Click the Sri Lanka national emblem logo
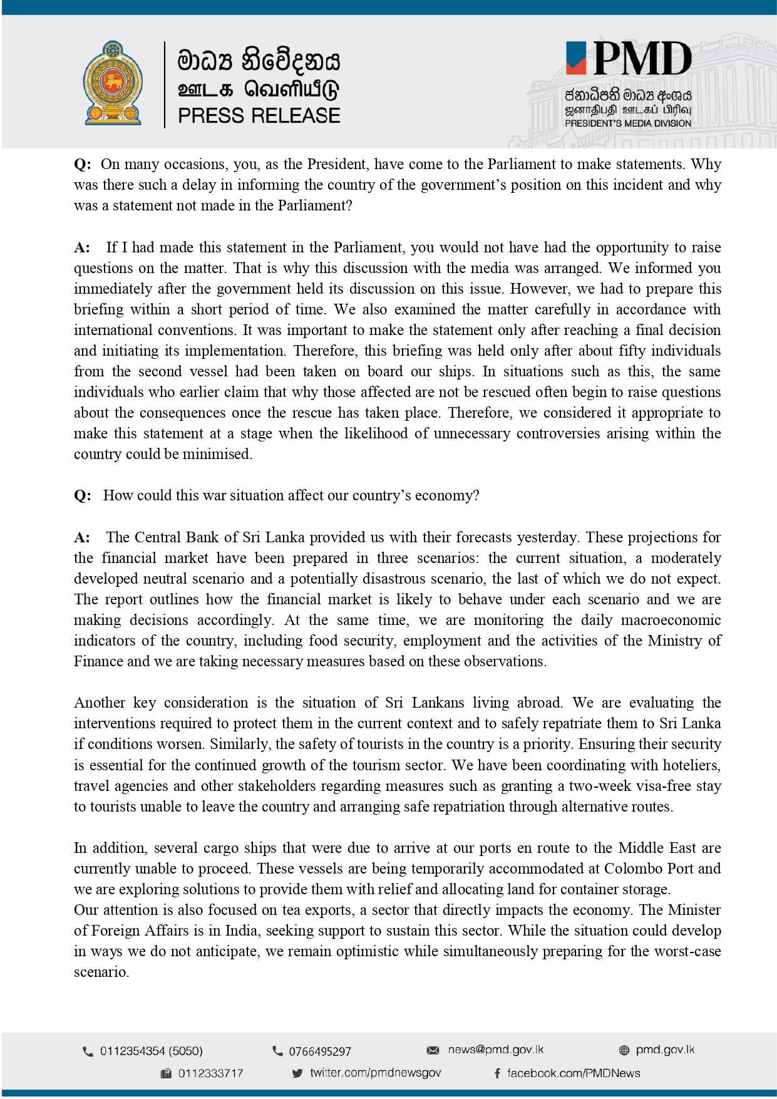coord(113,83)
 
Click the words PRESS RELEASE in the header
coord(259,116)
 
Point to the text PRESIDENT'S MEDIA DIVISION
coord(628,124)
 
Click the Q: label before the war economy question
coord(82,495)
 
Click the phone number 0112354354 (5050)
coord(151,1051)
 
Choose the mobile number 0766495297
coord(319,1051)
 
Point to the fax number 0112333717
coord(210,1073)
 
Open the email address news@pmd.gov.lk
coord(495,1050)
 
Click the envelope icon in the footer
coord(433,1050)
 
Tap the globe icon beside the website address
coord(624,1050)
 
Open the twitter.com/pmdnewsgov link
coord(375,1073)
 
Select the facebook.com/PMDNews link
coord(573,1073)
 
